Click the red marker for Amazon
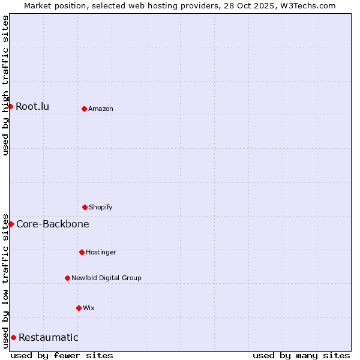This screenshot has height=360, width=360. (84, 109)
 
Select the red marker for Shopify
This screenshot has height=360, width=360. (85, 207)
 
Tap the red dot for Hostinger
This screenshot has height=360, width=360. (82, 252)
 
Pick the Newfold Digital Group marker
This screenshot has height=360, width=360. (67, 278)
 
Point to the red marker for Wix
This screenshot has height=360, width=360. (79, 308)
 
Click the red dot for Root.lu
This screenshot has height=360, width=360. (10, 106)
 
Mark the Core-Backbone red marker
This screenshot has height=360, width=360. (11, 224)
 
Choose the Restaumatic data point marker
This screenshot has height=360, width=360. (13, 337)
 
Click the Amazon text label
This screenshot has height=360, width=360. (101, 109)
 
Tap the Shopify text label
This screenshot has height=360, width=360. (101, 207)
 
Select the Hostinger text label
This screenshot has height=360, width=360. (101, 252)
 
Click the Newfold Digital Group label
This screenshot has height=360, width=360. (106, 278)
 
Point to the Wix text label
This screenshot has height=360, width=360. (89, 308)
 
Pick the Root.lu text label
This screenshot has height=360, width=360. (32, 106)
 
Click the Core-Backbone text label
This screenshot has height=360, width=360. (53, 224)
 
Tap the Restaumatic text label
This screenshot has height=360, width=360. (49, 337)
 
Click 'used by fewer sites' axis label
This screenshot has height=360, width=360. (62, 355)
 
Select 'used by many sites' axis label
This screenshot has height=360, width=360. (301, 355)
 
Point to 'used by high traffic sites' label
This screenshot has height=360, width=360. (5, 85)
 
